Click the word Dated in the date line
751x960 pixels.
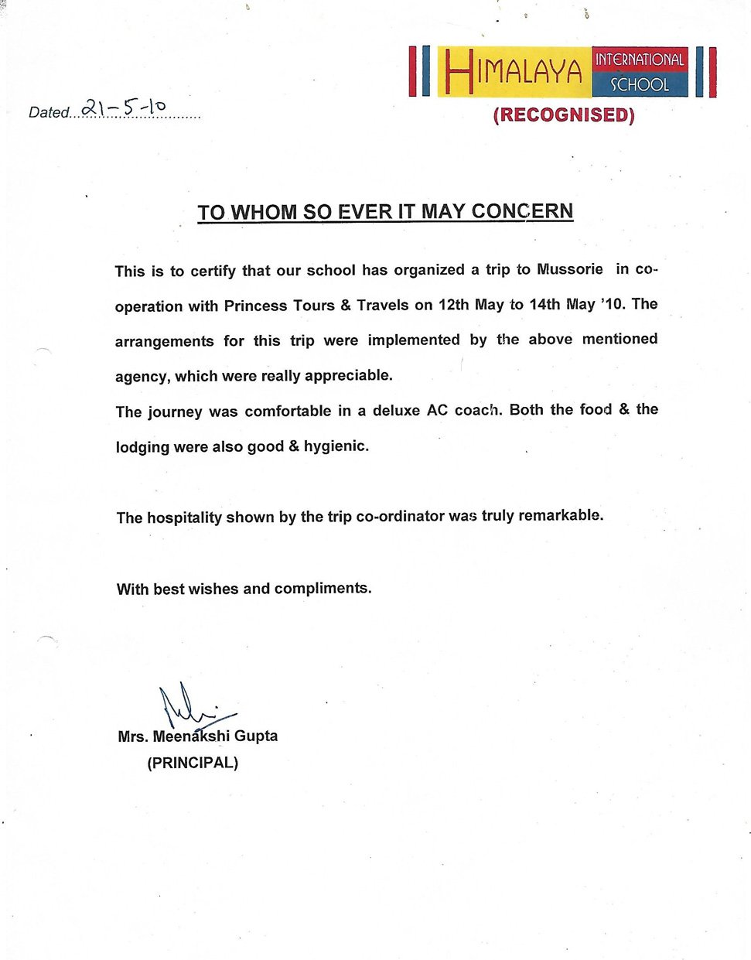click(x=49, y=112)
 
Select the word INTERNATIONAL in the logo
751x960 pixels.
click(x=639, y=60)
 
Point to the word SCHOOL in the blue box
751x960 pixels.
click(x=639, y=84)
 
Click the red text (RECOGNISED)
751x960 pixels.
click(x=564, y=115)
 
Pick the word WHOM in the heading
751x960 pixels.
click(x=264, y=213)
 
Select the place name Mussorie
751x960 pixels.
click(x=570, y=269)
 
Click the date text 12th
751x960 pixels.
click(x=453, y=305)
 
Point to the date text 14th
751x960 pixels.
click(x=544, y=304)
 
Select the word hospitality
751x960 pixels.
click(x=184, y=518)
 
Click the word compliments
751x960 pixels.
click(x=323, y=589)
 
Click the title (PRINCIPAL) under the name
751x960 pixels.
click(x=193, y=763)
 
